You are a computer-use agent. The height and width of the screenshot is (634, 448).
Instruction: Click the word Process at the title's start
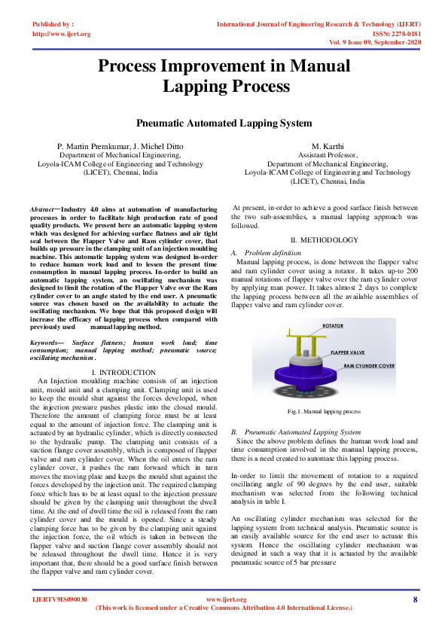click(x=134, y=66)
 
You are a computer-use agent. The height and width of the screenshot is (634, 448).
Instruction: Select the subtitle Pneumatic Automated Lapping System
click(x=224, y=122)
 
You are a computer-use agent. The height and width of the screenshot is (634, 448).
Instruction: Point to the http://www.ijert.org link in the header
click(x=62, y=34)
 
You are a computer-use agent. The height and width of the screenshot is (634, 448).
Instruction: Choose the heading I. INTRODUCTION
click(x=123, y=373)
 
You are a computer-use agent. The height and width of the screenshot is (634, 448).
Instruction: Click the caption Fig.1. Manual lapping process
click(x=324, y=412)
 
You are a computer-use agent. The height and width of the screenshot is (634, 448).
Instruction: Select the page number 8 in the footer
click(x=415, y=599)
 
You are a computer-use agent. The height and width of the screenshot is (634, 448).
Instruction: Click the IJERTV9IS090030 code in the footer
click(x=60, y=599)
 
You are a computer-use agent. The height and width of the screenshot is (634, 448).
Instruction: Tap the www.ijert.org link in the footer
click(x=226, y=599)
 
